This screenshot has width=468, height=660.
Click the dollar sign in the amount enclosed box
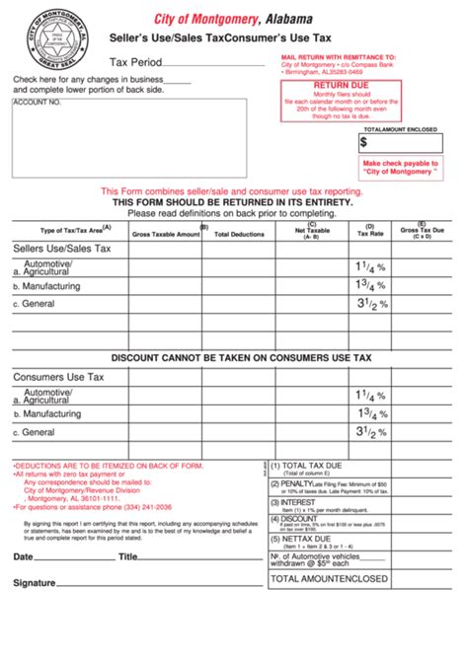click(363, 142)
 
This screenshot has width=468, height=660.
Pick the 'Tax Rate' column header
click(370, 234)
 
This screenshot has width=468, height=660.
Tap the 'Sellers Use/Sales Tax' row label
click(61, 250)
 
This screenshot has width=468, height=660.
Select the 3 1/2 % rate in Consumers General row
click(370, 431)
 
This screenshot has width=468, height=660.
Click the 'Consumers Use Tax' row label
click(58, 377)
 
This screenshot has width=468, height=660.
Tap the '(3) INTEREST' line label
click(300, 502)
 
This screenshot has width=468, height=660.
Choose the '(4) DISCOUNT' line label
click(300, 519)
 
